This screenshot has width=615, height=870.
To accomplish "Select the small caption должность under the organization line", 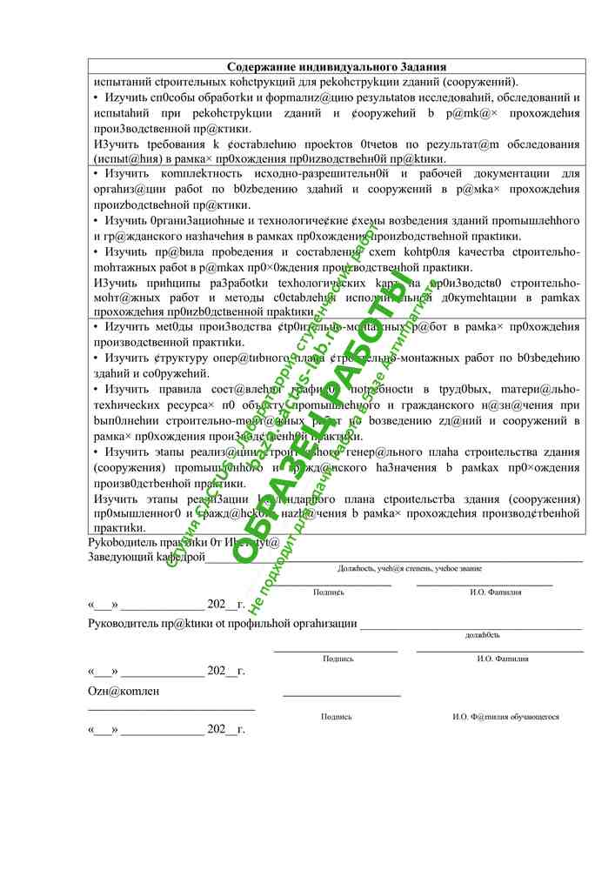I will (x=482, y=635).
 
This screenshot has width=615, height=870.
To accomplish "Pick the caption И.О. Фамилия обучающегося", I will (x=505, y=717).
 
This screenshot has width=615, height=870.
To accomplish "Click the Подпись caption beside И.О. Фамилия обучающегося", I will (x=336, y=717).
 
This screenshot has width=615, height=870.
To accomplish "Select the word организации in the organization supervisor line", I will (x=321, y=623).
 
